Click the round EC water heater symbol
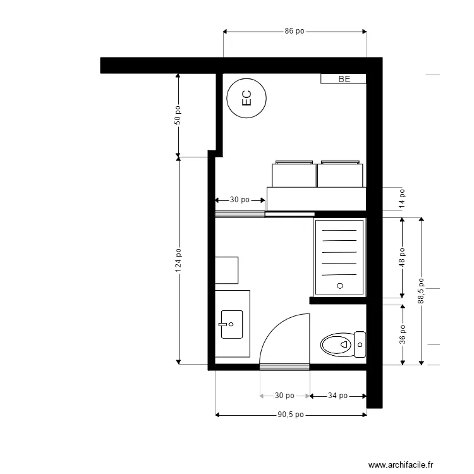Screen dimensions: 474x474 coord(246,98)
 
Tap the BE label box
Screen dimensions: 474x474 coord(343,79)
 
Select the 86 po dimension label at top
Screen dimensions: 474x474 coord(295,31)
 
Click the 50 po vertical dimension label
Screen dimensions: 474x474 coord(178,114)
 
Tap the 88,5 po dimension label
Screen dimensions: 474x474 coord(422,291)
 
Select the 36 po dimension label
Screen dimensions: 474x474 coord(402,334)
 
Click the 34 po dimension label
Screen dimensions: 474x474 coord(337,396)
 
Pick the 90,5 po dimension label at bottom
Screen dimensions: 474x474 coord(291,415)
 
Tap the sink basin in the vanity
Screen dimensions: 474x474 coord(231,324)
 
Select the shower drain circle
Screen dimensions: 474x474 coord(339,286)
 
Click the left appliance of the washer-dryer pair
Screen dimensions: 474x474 coord(293,174)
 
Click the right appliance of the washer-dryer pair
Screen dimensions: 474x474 coord(340,174)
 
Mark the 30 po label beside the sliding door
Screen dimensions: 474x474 coord(239,200)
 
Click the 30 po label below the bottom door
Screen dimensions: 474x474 coord(284,396)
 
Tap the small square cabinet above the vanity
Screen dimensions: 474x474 coord(226,270)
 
